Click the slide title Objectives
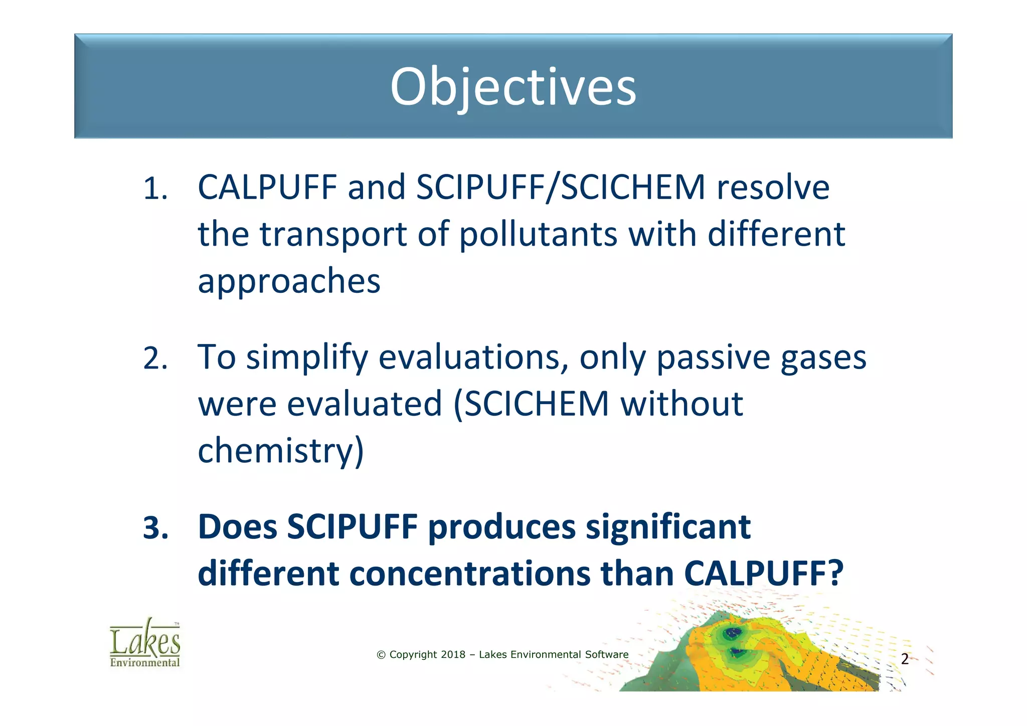(x=513, y=87)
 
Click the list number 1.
(x=155, y=189)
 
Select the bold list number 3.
(x=155, y=528)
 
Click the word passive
(x=713, y=358)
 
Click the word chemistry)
(x=281, y=450)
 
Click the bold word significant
(x=668, y=527)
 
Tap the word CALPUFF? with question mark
(x=764, y=574)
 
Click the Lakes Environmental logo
(x=145, y=643)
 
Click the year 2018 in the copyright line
(x=453, y=655)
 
